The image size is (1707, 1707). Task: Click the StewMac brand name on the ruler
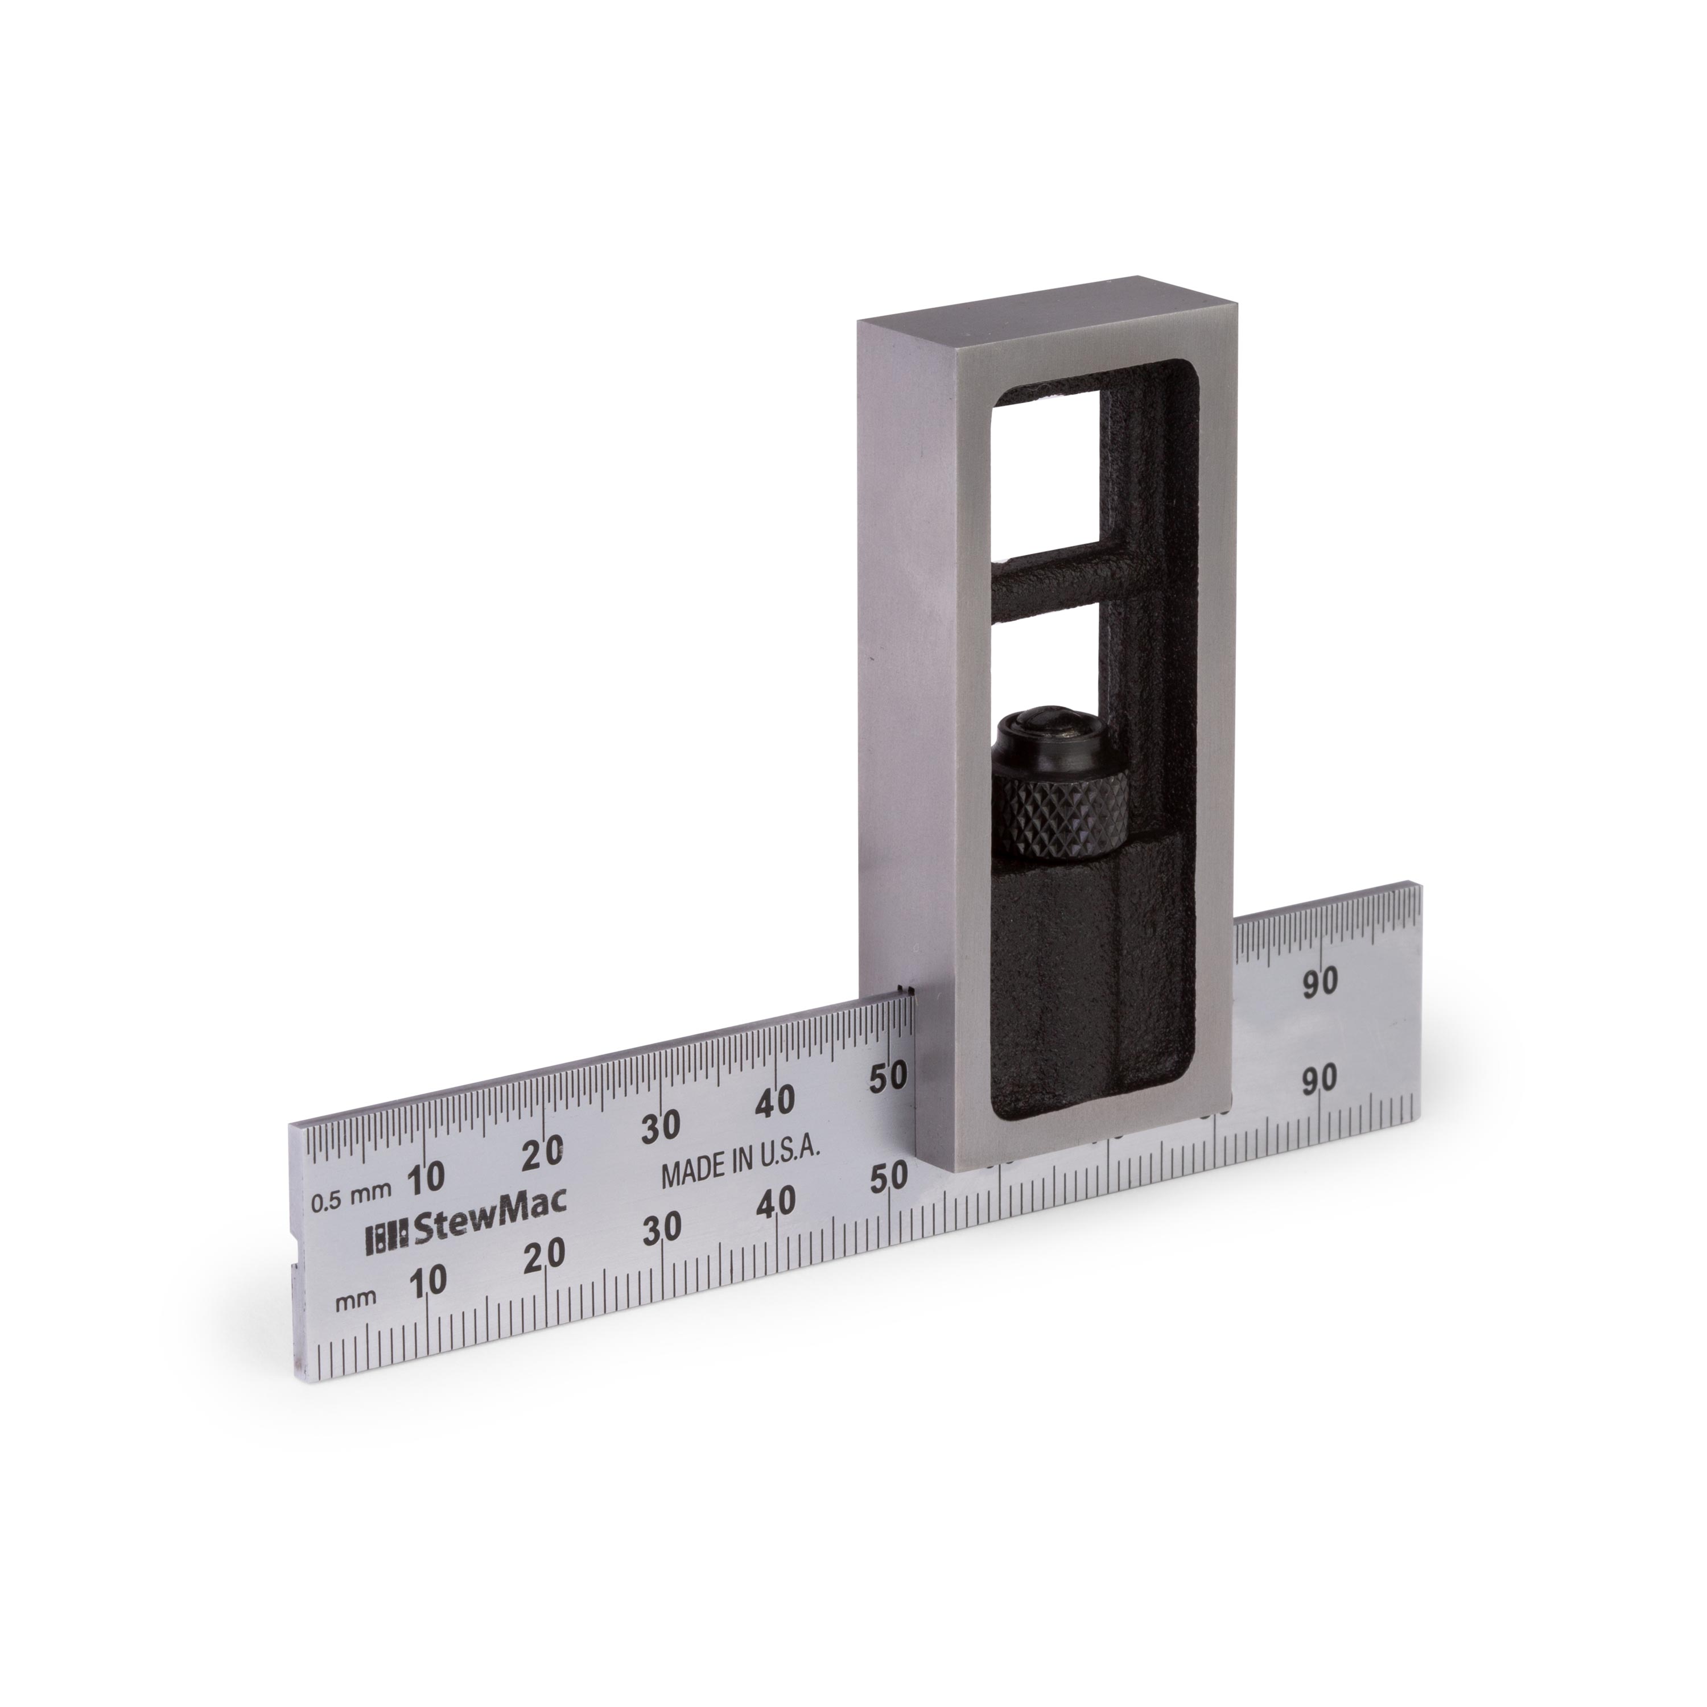[x=490, y=1229]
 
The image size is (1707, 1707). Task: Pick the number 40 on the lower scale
[x=777, y=1202]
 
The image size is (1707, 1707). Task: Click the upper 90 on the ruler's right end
[x=1321, y=982]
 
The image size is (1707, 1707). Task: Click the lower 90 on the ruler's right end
[x=1321, y=1078]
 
